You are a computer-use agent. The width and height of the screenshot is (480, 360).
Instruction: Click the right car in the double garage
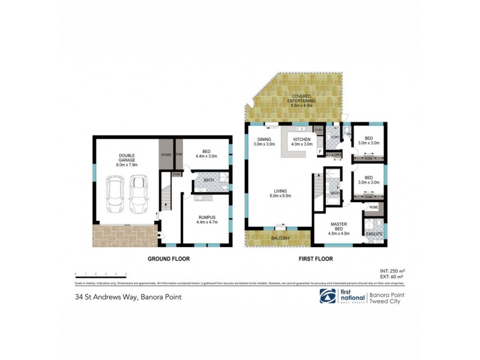pos(138,192)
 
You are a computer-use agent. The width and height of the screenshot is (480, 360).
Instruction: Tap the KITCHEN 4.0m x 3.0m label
pos(302,142)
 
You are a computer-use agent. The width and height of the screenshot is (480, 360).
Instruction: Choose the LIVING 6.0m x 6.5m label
pos(280,194)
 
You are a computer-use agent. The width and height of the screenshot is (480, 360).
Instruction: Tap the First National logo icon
pos(327,297)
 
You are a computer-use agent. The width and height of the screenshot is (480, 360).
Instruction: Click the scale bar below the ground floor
pos(101,274)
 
